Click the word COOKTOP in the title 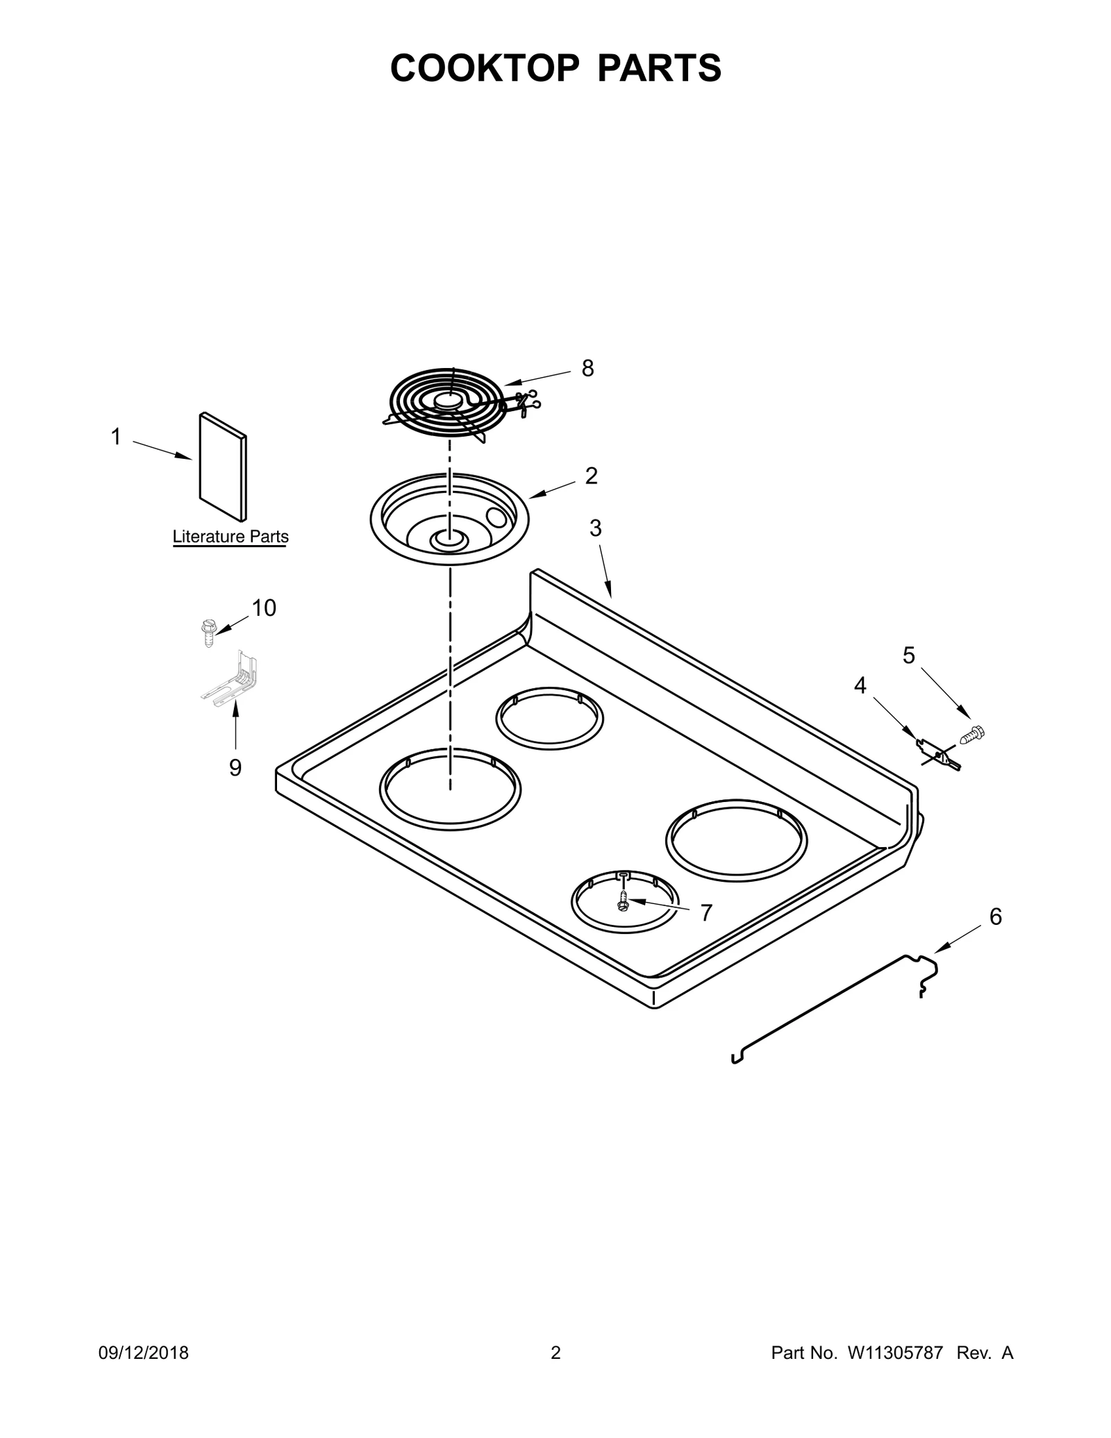[x=484, y=68]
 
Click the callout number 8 [x=587, y=369]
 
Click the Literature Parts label [x=231, y=537]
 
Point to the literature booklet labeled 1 [x=223, y=467]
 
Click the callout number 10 [x=264, y=608]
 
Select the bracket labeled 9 [x=231, y=679]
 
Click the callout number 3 [x=596, y=528]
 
